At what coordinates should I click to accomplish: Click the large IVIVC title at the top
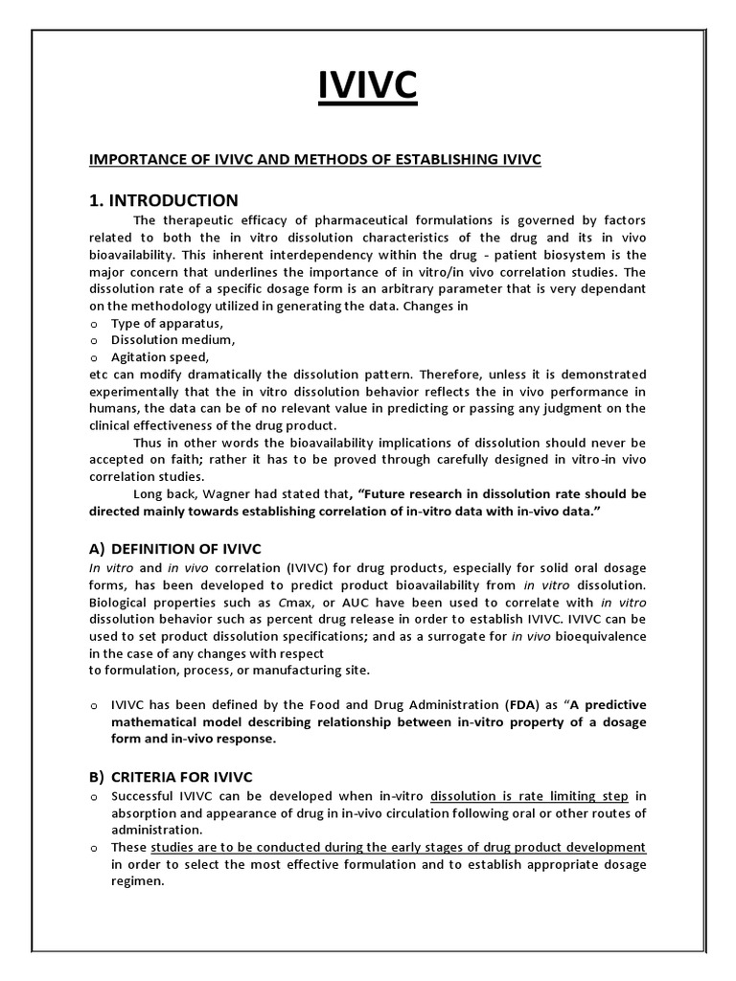(x=368, y=86)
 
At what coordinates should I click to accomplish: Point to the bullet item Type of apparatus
(x=167, y=323)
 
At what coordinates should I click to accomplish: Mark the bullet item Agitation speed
(x=160, y=356)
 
